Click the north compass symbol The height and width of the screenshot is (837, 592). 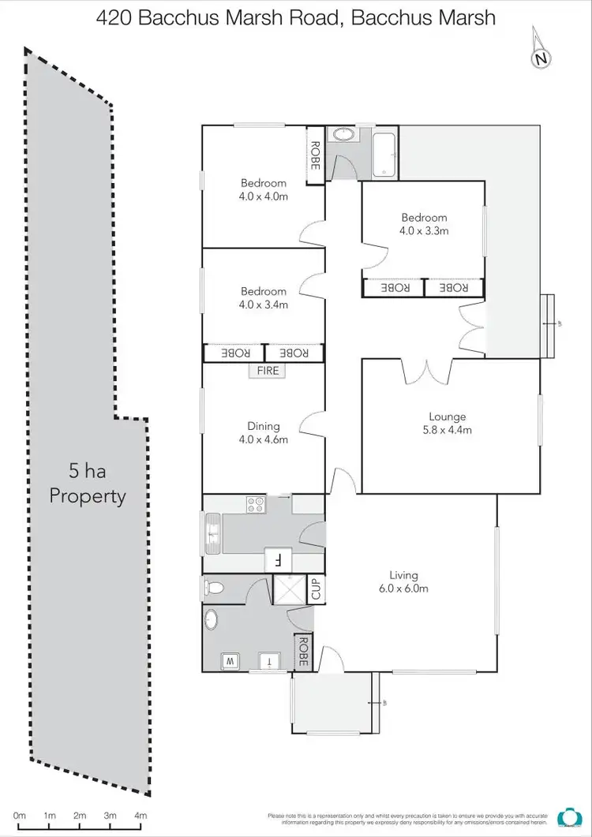point(541,57)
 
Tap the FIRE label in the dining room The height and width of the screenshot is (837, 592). point(268,370)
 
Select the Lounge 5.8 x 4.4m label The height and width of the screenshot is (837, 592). point(448,424)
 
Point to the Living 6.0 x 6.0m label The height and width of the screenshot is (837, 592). point(403,582)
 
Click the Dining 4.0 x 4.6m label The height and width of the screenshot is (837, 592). point(264,433)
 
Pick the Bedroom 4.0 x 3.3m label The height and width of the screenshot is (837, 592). point(424,224)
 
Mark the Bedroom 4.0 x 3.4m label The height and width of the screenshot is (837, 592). point(264,297)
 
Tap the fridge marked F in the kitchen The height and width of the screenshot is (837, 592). point(278,560)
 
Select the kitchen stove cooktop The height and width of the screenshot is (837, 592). point(256,504)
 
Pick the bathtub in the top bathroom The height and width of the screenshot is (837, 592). point(384,154)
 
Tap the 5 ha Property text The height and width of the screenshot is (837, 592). point(88,484)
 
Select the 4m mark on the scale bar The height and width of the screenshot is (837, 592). point(141,815)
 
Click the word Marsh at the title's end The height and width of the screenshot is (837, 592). point(467,18)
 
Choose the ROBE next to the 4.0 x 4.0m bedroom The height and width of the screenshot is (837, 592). point(315,155)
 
